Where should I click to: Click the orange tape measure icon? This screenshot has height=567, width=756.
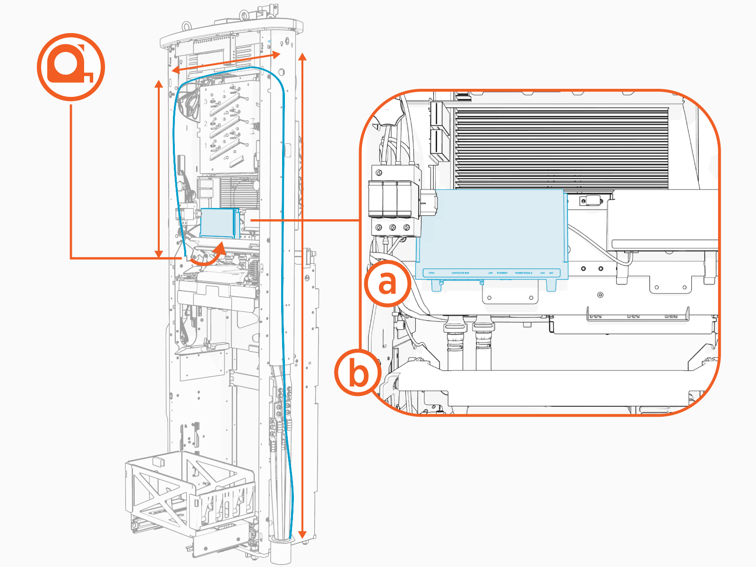[71, 67]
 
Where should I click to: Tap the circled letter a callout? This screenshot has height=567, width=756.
[387, 283]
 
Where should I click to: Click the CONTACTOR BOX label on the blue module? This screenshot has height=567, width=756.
[460, 273]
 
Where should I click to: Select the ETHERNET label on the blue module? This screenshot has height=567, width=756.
[502, 273]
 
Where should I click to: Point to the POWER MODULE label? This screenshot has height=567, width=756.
[524, 273]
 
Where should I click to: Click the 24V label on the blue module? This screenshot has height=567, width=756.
[551, 273]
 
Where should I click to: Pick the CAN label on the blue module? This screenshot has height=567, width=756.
[542, 273]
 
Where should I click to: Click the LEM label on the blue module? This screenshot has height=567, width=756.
[490, 273]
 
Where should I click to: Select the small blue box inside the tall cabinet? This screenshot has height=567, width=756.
[217, 223]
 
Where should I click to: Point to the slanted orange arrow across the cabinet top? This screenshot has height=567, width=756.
[226, 63]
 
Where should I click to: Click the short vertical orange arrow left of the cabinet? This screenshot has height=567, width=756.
[159, 169]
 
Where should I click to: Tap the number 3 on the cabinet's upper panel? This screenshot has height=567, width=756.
[206, 101]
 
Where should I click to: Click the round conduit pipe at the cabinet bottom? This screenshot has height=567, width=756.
[281, 550]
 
